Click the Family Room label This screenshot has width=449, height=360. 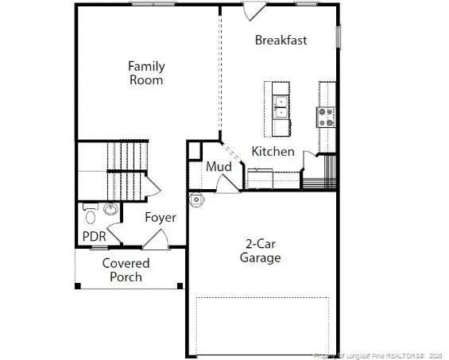[x=146, y=73]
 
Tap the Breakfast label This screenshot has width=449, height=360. [x=281, y=40]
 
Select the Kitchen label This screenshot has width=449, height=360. [x=273, y=151]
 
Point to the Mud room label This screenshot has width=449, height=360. [x=219, y=167]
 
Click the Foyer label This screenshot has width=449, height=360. [x=160, y=217]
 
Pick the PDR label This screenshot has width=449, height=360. [x=94, y=236]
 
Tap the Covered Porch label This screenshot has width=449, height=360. [x=126, y=269]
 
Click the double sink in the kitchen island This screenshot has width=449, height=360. [x=280, y=107]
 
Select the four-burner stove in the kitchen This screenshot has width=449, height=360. [x=326, y=118]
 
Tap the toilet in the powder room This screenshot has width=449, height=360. [x=90, y=214]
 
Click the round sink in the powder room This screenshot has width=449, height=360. [x=110, y=210]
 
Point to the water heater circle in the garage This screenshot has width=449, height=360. [x=196, y=198]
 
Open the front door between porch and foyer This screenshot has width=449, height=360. [x=156, y=238]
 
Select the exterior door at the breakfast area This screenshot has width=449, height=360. [x=254, y=10]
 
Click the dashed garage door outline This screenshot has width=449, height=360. [x=262, y=326]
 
